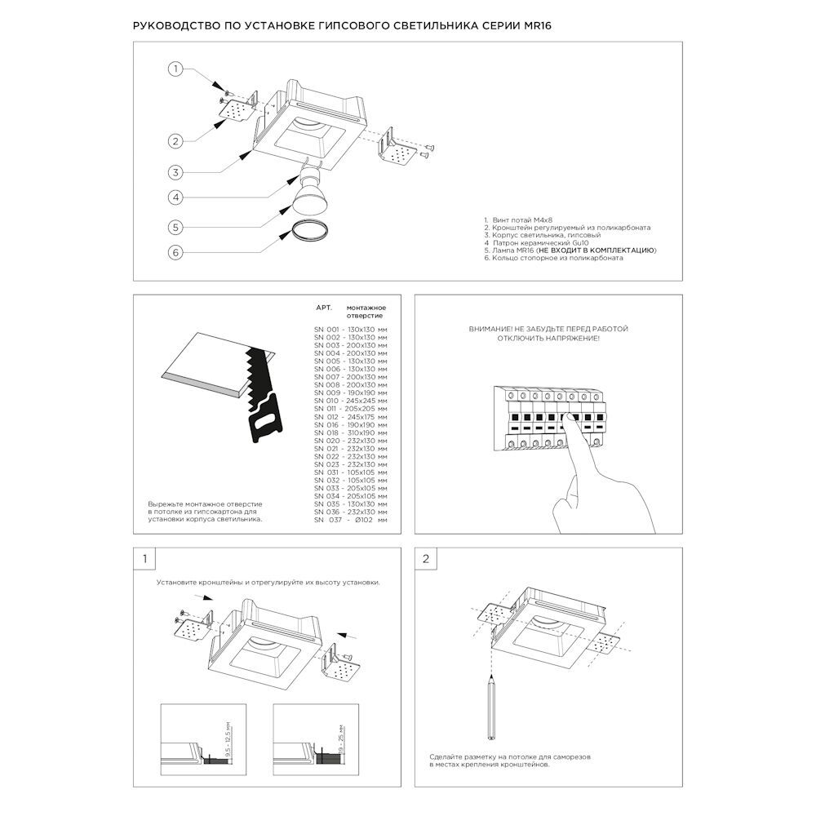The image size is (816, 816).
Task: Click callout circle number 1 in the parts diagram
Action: [175, 69]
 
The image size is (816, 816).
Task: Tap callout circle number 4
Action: [175, 197]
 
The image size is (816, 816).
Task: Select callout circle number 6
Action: [175, 253]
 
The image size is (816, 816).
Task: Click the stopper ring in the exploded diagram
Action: [309, 230]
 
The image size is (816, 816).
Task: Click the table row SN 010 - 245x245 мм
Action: [350, 401]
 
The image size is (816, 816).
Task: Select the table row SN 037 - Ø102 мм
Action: [350, 520]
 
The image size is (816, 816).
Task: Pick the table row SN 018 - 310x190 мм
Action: [350, 432]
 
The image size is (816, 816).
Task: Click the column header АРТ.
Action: [324, 308]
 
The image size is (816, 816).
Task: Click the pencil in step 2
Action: [491, 706]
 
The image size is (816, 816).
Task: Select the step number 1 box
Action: [144, 559]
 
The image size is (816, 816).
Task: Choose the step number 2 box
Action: [426, 559]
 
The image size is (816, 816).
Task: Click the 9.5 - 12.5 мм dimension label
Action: [229, 739]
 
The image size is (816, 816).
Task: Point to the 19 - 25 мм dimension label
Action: [341, 739]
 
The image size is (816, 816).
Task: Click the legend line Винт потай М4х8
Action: [518, 220]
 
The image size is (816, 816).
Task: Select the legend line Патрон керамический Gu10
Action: [537, 243]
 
